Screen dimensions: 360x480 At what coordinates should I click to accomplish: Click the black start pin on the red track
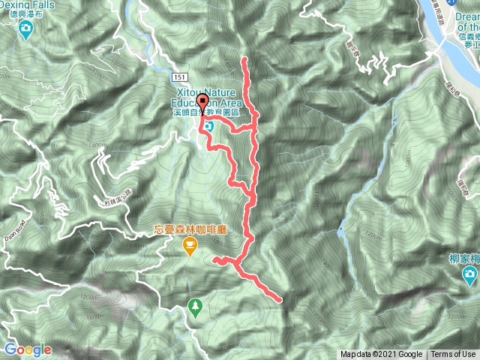tap(203, 103)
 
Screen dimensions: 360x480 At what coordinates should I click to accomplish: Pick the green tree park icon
tap(195, 305)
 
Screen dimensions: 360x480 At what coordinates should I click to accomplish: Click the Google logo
tap(27, 349)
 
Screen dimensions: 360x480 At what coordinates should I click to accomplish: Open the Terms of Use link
tap(452, 355)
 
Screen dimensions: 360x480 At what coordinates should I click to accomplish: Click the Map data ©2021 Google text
tap(382, 355)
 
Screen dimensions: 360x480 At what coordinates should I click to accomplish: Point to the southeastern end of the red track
tap(280, 300)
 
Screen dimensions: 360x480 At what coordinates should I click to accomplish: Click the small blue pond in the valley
tap(341, 231)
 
